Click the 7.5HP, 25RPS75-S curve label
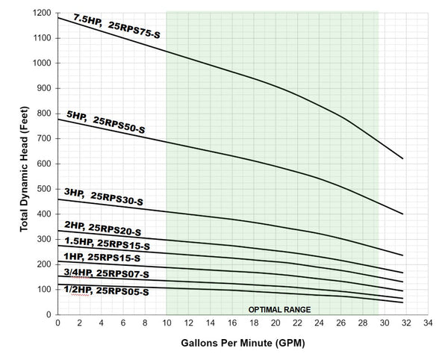(117, 26)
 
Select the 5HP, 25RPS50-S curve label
(106, 122)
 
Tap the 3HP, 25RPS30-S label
(104, 197)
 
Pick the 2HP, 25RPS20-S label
(102, 229)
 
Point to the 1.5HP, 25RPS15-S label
(107, 243)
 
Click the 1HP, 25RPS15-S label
(102, 257)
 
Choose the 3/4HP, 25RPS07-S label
(106, 273)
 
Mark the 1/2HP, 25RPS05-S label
(106, 291)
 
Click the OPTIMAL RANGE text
(279, 310)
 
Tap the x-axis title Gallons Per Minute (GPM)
(243, 343)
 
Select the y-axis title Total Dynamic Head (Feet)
(25, 169)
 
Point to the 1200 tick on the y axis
(42, 13)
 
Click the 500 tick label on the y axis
(44, 189)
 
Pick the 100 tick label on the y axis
(44, 290)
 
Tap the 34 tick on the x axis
(428, 323)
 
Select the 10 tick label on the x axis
(167, 323)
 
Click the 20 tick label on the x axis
(276, 323)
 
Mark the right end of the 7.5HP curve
(403, 158)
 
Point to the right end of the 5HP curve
(403, 214)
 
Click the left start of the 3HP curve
(58, 199)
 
